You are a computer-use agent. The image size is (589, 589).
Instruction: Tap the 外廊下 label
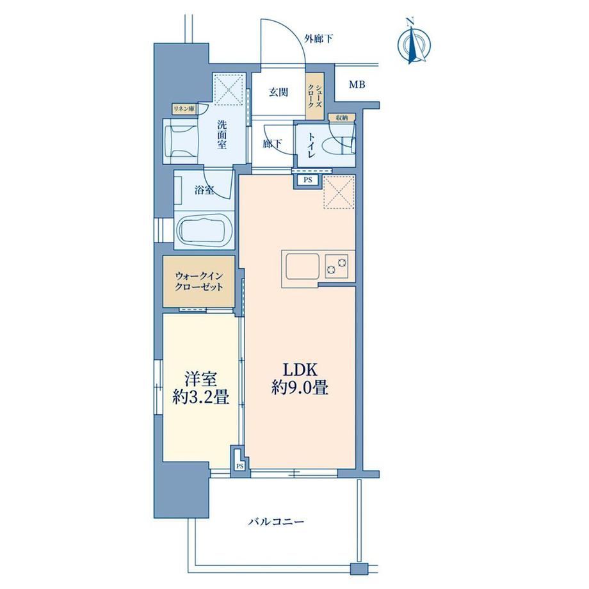pyautogui.click(x=319, y=39)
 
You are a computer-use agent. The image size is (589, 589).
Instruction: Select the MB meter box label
pyautogui.click(x=357, y=85)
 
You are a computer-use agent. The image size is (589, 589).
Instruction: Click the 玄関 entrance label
pyautogui.click(x=278, y=92)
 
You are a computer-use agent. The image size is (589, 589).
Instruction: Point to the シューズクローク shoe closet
pyautogui.click(x=315, y=97)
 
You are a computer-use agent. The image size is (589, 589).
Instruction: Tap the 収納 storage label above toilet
pyautogui.click(x=341, y=118)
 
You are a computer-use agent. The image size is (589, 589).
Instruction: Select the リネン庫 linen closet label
pyautogui.click(x=184, y=109)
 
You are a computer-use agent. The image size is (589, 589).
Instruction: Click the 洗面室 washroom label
pyautogui.click(x=222, y=134)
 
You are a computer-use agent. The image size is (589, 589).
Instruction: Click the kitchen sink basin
pyautogui.click(x=302, y=266)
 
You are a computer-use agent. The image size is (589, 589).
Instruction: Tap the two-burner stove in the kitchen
pyautogui.click(x=337, y=266)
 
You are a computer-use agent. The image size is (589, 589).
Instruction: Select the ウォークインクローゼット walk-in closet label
pyautogui.click(x=199, y=281)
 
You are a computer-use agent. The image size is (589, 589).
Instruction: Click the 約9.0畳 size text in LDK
pyautogui.click(x=300, y=388)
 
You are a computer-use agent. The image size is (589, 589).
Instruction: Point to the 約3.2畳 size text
pyautogui.click(x=200, y=398)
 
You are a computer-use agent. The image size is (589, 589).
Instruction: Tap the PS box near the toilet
pyautogui.click(x=308, y=180)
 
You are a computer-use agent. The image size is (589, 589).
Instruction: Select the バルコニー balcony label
pyautogui.click(x=276, y=522)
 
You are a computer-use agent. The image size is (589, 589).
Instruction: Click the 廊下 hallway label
pyautogui.click(x=272, y=143)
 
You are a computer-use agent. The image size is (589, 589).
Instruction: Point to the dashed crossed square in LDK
pyautogui.click(x=339, y=192)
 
